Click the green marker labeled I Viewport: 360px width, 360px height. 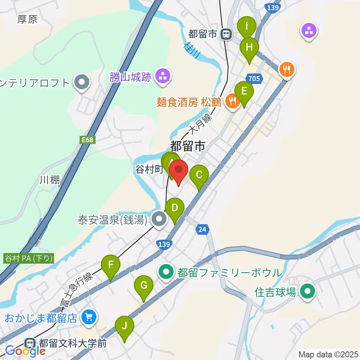pos(247,27)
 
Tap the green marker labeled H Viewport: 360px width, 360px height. pos(249,48)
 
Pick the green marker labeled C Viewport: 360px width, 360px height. pos(199,175)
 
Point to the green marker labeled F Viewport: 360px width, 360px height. pos(111,265)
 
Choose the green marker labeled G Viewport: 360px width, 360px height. pos(143,286)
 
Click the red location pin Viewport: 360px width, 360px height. pos(178,171)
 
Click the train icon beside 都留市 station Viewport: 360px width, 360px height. pos(226,34)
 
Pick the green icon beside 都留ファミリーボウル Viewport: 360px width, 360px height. pos(166,272)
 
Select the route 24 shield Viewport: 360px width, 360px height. pos(202,229)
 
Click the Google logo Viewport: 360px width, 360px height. pos(25,351)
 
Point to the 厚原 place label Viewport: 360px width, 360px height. pos(27,19)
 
